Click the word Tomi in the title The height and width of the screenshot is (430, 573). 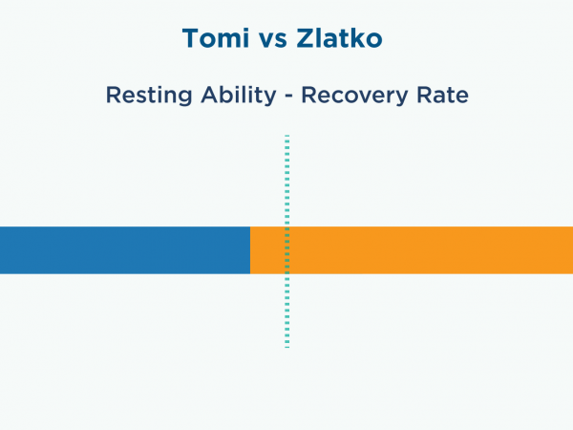216,38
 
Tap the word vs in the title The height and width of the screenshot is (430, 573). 273,40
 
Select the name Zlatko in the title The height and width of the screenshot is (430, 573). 339,38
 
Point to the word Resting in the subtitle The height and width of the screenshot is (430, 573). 149,96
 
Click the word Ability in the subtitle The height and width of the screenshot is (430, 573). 238,96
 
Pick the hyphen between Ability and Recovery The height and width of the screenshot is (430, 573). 288,97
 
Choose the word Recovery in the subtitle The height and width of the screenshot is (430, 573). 354,96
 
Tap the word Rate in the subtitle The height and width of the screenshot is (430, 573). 442,95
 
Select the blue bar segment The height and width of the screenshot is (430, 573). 125,250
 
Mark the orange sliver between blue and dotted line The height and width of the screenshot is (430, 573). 267,250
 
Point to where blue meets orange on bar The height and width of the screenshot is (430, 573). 250,250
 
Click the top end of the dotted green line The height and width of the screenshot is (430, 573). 287,136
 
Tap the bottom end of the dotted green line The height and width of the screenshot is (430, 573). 287,347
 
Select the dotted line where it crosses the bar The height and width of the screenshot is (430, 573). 287,250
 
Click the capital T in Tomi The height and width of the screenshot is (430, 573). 191,38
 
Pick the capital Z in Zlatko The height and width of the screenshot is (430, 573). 306,38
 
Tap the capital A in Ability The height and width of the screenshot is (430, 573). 211,95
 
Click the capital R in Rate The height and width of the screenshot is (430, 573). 425,95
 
